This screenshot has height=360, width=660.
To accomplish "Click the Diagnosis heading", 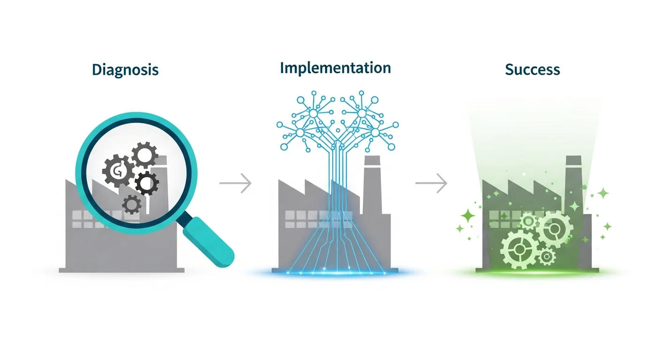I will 125,70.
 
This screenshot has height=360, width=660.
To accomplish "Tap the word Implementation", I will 335,68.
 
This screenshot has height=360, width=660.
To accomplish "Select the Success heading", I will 532,70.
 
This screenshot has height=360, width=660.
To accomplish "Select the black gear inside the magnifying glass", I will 147,183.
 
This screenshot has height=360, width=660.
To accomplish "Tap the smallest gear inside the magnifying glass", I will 132,204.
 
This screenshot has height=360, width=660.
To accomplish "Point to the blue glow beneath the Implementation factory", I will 335,272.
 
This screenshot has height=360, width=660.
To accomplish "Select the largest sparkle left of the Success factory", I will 468,216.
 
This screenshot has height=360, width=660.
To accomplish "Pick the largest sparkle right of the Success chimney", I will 603,193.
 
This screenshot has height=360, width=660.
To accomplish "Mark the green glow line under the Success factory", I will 534,272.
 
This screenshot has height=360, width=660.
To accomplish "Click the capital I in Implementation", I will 282,68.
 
